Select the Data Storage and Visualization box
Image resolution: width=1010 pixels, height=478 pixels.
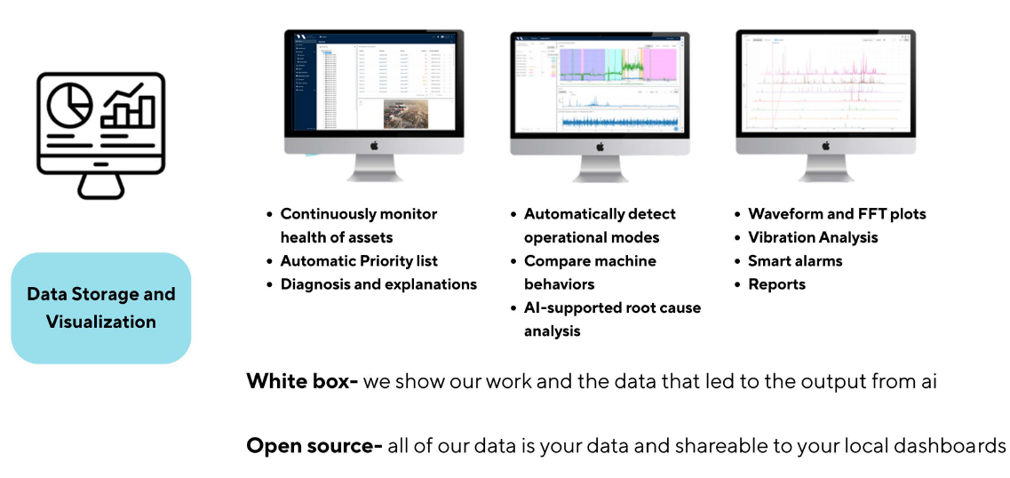point(100,308)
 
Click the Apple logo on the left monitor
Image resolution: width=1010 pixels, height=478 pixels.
point(374,145)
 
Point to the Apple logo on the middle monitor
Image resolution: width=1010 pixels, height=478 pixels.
point(599,145)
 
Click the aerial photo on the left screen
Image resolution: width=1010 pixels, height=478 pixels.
point(405,113)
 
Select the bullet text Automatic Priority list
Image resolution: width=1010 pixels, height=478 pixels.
point(359,261)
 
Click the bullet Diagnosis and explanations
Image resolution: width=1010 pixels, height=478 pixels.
point(378,284)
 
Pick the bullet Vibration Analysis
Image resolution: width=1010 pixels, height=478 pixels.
point(813,237)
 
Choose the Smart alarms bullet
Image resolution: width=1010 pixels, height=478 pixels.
point(795,261)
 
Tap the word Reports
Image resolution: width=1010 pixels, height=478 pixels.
point(776,284)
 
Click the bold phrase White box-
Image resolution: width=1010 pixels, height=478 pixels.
point(302,382)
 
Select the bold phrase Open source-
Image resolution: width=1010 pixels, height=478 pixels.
point(314,446)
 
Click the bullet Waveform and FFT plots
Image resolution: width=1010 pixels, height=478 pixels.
point(837,214)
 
